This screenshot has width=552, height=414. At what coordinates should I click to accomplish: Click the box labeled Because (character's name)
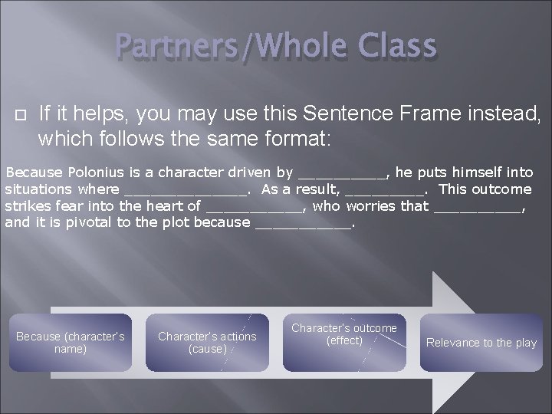point(70,343)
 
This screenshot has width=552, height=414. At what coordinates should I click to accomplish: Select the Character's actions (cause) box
point(207,343)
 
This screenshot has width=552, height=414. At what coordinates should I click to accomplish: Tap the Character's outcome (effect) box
point(344,335)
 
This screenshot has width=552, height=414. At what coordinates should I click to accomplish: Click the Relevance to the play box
point(481,343)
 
